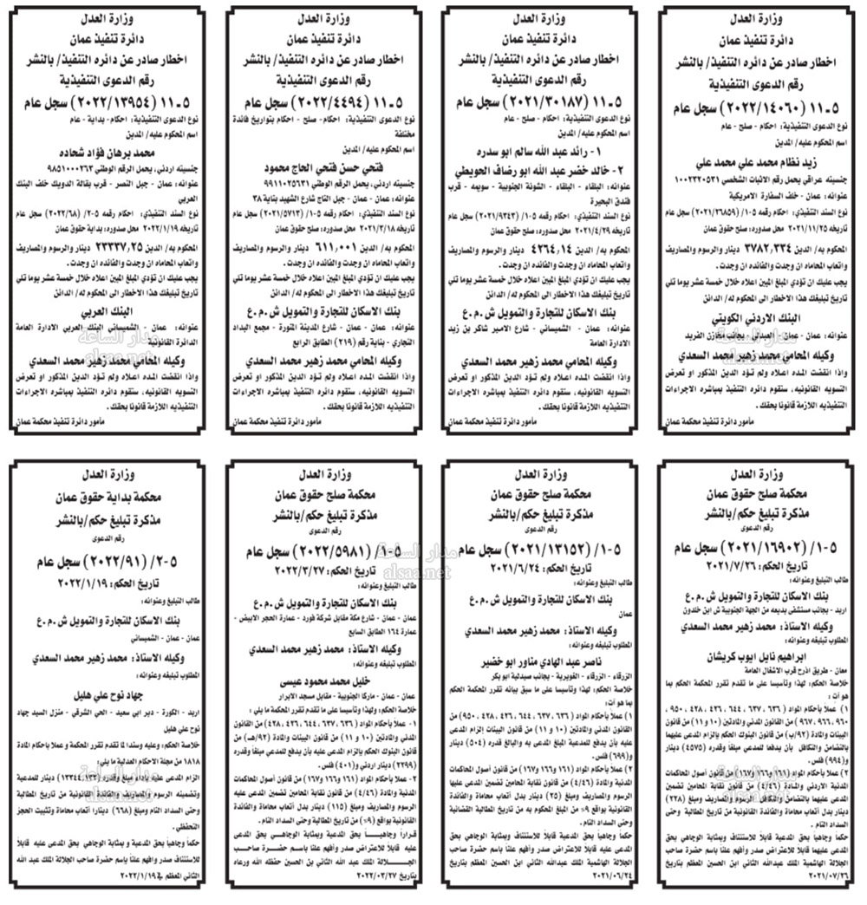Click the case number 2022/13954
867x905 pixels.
coord(108,100)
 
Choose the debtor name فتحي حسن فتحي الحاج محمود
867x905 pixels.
coord(324,163)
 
